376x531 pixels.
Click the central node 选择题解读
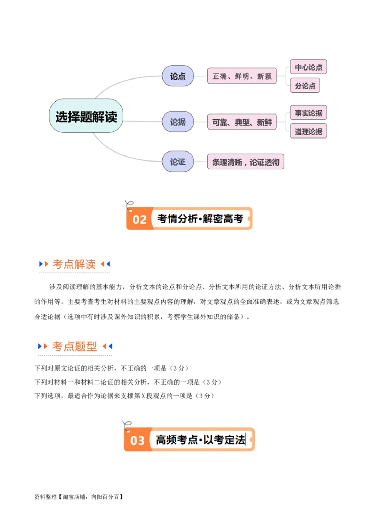coord(86,116)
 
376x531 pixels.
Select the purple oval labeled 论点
coord(178,76)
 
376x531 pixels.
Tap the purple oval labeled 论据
coord(178,122)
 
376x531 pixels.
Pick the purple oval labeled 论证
coord(178,162)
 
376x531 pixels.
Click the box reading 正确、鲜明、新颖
coord(242,76)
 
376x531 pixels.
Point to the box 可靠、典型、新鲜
coord(242,122)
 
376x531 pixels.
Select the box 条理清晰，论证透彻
coord(246,162)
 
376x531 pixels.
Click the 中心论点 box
coord(308,67)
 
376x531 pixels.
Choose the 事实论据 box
coord(308,113)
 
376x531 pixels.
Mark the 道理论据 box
coord(308,131)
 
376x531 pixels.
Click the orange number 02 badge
coord(140,220)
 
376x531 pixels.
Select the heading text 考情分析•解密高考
coord(200,219)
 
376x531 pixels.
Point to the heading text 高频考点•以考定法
coord(200,440)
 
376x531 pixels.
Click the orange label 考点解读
coord(74,264)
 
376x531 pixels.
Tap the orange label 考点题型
coord(74,347)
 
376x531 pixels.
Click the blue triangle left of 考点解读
coord(41,264)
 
